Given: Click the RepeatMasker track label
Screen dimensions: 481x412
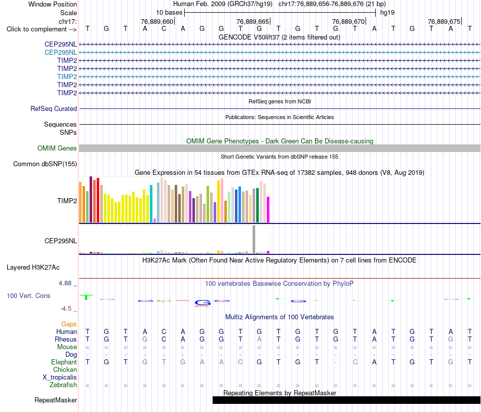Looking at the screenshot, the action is (x=56, y=400).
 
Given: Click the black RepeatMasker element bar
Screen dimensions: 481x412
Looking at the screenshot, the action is (x=347, y=400).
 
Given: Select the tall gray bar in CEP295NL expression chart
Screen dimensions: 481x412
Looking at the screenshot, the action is (x=254, y=239).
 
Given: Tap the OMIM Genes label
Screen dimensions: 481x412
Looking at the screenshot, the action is (x=57, y=148).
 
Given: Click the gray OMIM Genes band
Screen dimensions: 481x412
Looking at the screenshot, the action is (x=280, y=148).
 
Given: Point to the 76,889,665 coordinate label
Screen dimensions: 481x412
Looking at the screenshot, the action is (x=253, y=21).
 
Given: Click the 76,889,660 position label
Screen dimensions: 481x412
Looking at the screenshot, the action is (x=157, y=21).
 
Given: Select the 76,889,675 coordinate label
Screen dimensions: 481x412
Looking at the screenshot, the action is (x=444, y=21).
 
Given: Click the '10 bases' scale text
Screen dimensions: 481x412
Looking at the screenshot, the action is (x=169, y=13).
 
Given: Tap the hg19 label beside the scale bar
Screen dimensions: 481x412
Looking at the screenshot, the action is (x=387, y=13).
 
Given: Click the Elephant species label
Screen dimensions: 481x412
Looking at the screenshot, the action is (x=64, y=362).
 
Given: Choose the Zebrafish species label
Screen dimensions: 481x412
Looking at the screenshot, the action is (x=63, y=385).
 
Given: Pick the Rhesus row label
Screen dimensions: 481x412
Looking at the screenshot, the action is (x=66, y=339).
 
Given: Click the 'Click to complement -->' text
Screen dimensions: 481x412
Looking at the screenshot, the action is (x=42, y=29).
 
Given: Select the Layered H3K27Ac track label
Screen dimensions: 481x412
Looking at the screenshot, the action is (x=33, y=268).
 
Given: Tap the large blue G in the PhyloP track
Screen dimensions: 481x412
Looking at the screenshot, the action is (x=203, y=303).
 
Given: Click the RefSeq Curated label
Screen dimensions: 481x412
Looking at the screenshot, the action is (x=54, y=108).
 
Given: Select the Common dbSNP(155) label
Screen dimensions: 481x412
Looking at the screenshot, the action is (x=45, y=164).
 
